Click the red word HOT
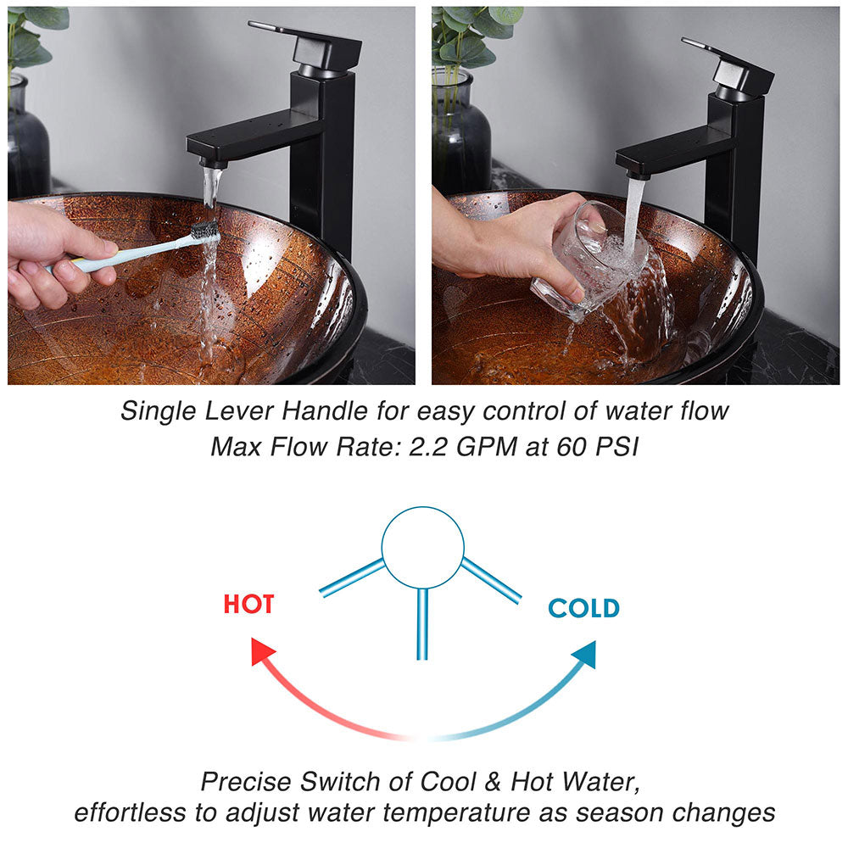pyautogui.click(x=248, y=605)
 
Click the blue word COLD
pyautogui.click(x=583, y=608)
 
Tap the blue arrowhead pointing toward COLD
pyautogui.click(x=584, y=654)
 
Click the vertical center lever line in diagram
pyautogui.click(x=422, y=623)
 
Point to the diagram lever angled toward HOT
pyautogui.click(x=351, y=577)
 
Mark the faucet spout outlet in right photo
pyautogui.click(x=636, y=171)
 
